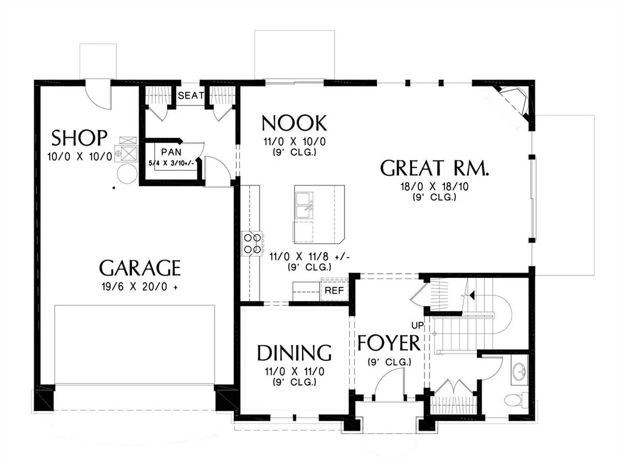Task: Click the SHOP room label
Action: point(79,138)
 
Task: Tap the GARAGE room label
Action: point(140,268)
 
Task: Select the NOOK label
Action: point(294,123)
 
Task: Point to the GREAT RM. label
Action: point(434,168)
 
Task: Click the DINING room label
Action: point(294,353)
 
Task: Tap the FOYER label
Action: point(389,343)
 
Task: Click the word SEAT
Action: point(190,96)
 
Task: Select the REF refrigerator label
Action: point(334,291)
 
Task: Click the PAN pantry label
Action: point(171,152)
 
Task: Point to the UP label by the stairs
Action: point(418,326)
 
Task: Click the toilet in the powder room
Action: point(516,400)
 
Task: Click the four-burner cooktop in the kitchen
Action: point(252,243)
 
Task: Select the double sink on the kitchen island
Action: point(304,205)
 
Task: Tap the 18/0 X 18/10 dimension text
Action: point(435,186)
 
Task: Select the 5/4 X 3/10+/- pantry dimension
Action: point(171,163)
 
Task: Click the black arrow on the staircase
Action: point(472,295)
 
